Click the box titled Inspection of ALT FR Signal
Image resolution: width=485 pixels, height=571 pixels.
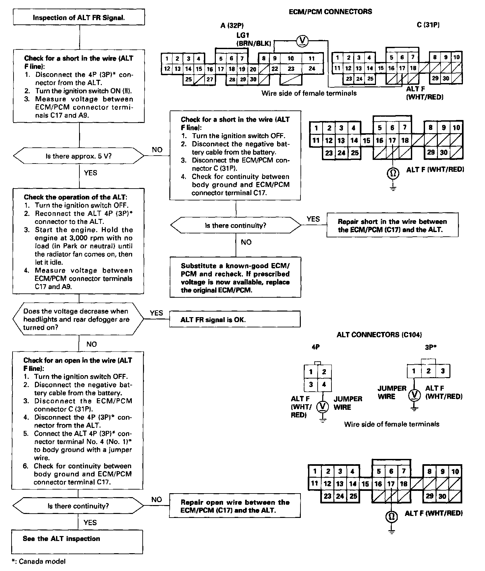tap(79, 17)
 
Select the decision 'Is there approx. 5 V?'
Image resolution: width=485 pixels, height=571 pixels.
tap(79, 156)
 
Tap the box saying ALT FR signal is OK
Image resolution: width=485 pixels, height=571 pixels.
tap(235, 319)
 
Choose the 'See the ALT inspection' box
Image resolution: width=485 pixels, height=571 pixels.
tap(77, 541)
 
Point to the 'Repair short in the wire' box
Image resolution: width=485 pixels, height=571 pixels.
tap(392, 225)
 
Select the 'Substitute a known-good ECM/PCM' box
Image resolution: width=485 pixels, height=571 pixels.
tap(235, 278)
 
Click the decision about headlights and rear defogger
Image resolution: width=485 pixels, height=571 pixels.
tap(78, 319)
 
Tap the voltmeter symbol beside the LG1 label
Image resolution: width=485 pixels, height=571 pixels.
tap(301, 40)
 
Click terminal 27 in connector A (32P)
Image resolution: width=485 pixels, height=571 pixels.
tap(210, 79)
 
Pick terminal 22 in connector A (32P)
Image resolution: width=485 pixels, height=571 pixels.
tap(274, 69)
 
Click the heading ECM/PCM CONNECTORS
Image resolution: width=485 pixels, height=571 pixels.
tap(330, 12)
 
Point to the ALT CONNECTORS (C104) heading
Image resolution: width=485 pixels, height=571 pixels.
tap(379, 335)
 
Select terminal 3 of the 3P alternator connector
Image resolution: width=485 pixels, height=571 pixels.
tap(442, 371)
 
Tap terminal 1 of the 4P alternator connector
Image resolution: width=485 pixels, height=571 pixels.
tap(311, 372)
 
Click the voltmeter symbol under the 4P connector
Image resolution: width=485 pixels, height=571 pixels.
tap(323, 406)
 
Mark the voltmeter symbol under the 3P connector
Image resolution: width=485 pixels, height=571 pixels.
tap(414, 395)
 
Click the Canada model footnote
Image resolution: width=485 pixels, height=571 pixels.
tap(38, 561)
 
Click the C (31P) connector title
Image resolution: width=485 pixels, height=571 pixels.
tap(428, 25)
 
